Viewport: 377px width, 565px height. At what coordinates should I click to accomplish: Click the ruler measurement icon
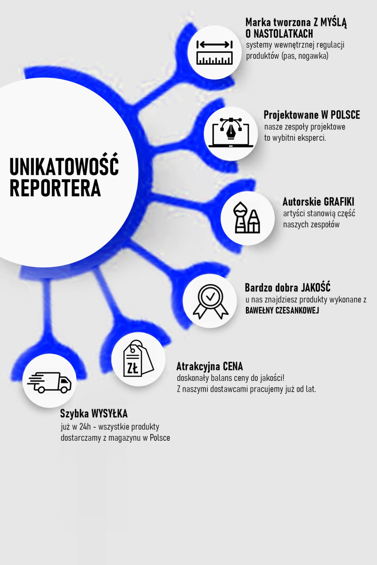pos(215,52)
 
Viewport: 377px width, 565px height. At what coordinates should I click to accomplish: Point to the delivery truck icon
pos(49,382)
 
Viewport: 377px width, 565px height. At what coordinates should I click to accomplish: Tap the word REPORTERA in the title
pos(55,188)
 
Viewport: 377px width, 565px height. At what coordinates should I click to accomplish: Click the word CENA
pos(233,366)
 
